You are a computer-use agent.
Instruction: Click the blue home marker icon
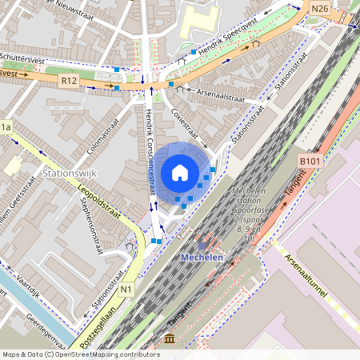pyautogui.click(x=180, y=172)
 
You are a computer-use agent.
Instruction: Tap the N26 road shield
pyautogui.click(x=321, y=9)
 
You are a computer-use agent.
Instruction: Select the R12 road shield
pyautogui.click(x=69, y=80)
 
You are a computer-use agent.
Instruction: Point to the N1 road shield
pyautogui.click(x=126, y=290)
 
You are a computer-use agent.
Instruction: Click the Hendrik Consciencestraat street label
pyautogui.click(x=152, y=152)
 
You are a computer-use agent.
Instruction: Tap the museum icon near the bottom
pyautogui.click(x=170, y=340)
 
